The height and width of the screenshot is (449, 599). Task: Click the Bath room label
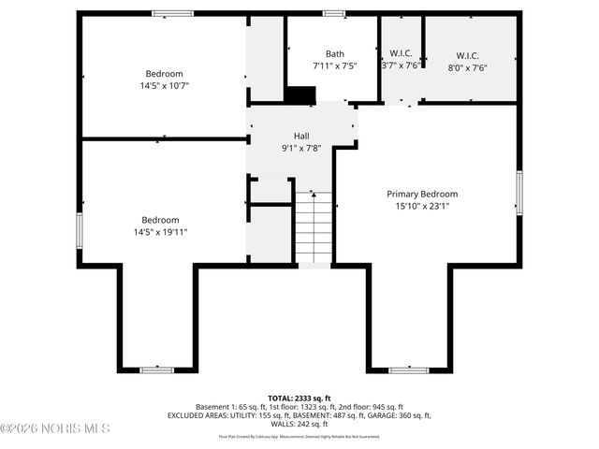tap(334, 53)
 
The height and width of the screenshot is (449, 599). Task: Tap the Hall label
tap(300, 136)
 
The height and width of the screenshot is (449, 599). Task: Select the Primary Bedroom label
tap(422, 194)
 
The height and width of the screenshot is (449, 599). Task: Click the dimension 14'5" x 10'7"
tap(164, 86)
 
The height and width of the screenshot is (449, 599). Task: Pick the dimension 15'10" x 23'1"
tap(422, 207)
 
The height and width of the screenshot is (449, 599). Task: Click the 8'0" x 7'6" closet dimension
tap(467, 66)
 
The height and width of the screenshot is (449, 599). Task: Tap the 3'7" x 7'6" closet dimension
tap(400, 65)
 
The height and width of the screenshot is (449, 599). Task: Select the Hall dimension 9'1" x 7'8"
tap(301, 148)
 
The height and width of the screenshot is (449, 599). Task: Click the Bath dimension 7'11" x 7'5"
tap(334, 66)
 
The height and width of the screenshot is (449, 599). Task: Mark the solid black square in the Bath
tap(300, 95)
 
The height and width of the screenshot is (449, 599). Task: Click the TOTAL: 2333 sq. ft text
tap(299, 398)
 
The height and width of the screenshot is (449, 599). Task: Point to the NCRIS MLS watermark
tap(56, 428)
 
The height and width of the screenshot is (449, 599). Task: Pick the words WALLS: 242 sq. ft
tap(299, 424)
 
